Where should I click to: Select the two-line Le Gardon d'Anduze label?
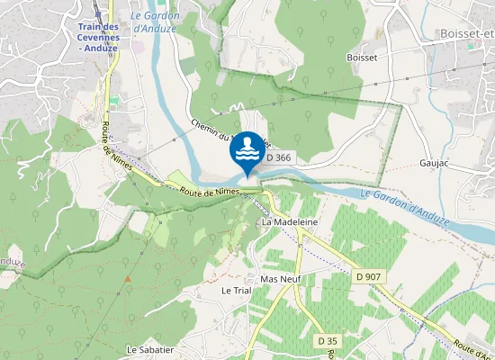pos(156,22)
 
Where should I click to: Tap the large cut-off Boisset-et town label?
pos(468,33)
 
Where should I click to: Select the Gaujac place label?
pos(434,165)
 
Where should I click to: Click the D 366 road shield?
pos(279,157)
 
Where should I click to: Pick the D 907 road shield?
pos(368,276)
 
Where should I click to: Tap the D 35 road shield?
pos(328,341)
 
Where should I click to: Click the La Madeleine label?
pos(284,221)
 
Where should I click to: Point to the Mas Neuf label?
pos(279,279)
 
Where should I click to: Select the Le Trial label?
pos(236,291)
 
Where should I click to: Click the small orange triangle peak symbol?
pos(128,278)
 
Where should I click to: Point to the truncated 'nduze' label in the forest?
pos(11,262)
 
